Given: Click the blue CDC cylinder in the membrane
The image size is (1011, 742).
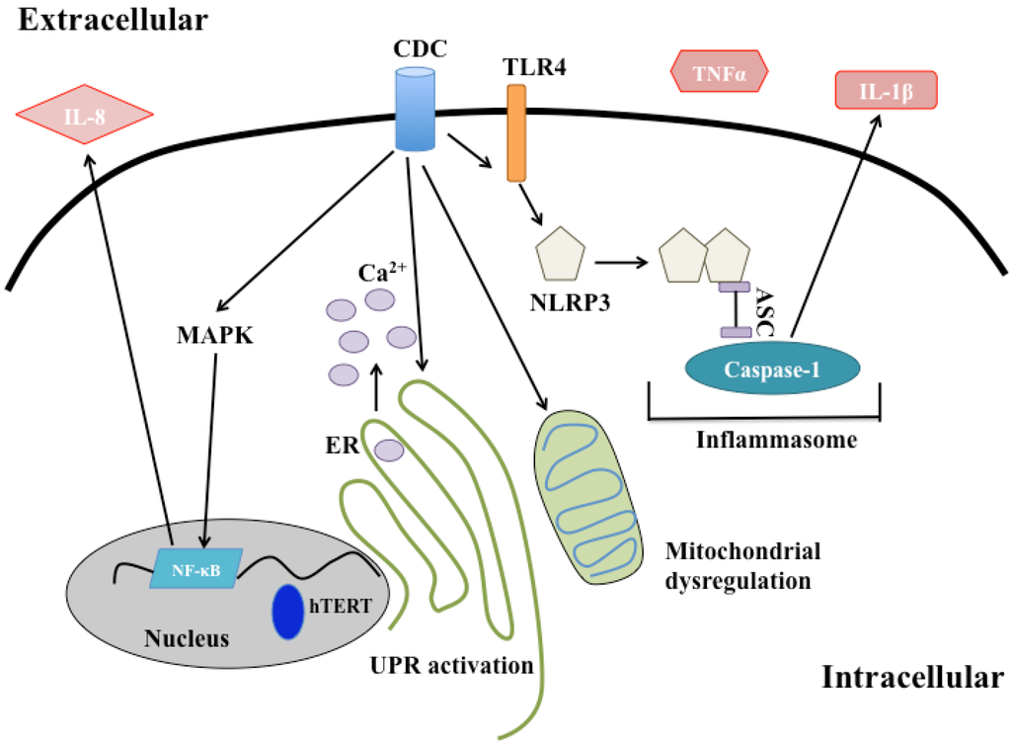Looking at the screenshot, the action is pyautogui.click(x=415, y=109).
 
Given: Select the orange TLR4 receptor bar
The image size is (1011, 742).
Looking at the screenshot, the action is pyautogui.click(x=516, y=133).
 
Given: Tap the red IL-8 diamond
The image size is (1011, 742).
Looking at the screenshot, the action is pyautogui.click(x=85, y=115).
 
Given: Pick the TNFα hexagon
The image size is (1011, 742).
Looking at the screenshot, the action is pyautogui.click(x=719, y=71).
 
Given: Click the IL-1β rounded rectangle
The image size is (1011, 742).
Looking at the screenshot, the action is pyautogui.click(x=886, y=90).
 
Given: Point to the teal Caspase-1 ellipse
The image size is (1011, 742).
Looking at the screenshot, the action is pyautogui.click(x=772, y=368).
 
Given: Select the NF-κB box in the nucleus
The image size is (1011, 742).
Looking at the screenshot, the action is pyautogui.click(x=196, y=568).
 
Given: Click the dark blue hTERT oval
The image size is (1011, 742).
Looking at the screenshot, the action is pyautogui.click(x=287, y=611).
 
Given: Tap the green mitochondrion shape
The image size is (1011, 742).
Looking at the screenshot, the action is pyautogui.click(x=588, y=497).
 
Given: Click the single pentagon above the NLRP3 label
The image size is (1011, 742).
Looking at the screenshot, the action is pyautogui.click(x=561, y=254).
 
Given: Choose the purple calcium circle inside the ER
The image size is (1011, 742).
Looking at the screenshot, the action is pyautogui.click(x=389, y=450).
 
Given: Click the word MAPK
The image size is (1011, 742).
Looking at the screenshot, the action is pyautogui.click(x=214, y=336).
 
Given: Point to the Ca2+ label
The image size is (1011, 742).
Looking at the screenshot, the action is pyautogui.click(x=382, y=272).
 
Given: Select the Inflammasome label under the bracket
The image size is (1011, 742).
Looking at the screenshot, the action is pyautogui.click(x=776, y=440).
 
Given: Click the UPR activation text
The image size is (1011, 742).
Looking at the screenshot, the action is pyautogui.click(x=451, y=665).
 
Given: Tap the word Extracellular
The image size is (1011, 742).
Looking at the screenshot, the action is pyautogui.click(x=113, y=20).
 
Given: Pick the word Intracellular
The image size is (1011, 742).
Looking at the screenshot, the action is pyautogui.click(x=912, y=678).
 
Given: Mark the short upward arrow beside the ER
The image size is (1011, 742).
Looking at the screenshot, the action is pyautogui.click(x=376, y=386).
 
